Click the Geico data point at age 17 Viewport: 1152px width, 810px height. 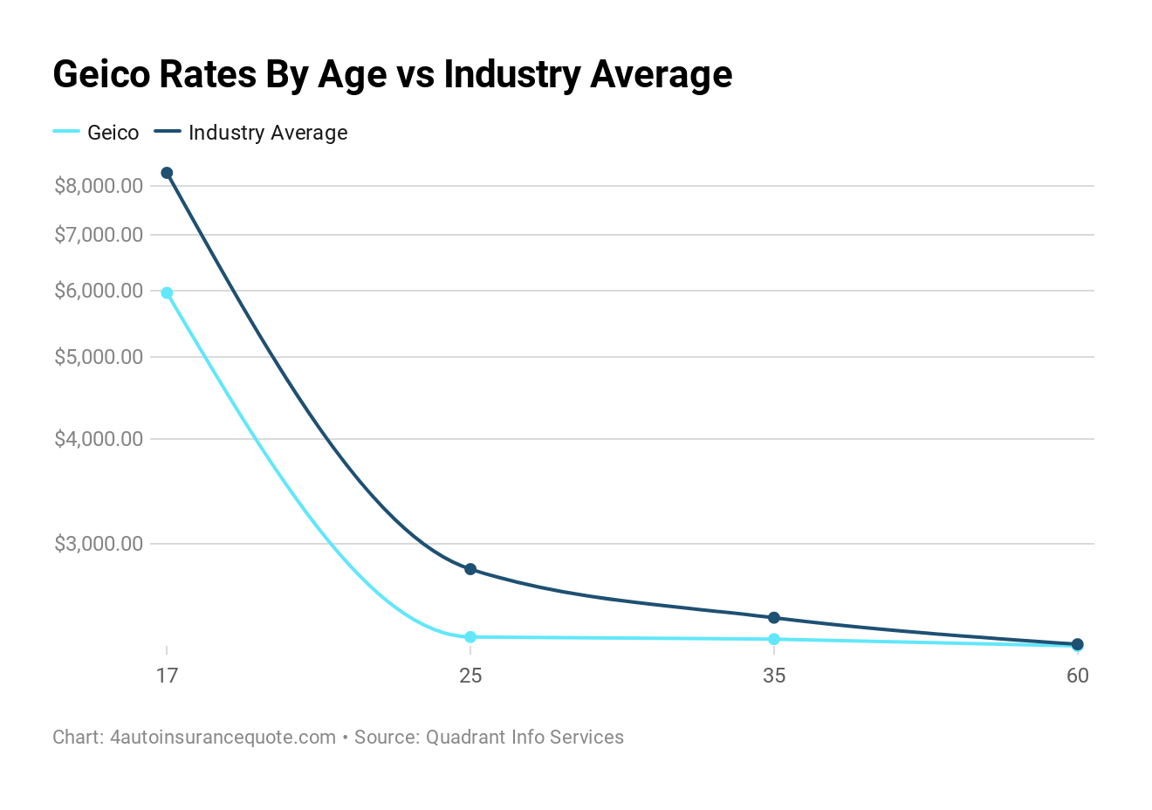(167, 293)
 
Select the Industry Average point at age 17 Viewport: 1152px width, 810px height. (167, 173)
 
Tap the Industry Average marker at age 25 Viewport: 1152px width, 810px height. (470, 569)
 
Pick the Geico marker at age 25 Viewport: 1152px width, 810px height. (470, 637)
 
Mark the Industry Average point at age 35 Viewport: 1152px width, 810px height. (774, 618)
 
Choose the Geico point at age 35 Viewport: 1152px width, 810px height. (774, 639)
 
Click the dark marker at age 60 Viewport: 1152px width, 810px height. (1077, 644)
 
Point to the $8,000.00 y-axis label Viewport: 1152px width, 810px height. (98, 186)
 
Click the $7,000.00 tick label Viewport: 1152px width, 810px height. (98, 235)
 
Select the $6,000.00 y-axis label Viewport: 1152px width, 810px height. (98, 291)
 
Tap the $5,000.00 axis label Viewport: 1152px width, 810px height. (98, 357)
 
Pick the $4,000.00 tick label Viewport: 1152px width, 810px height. (98, 439)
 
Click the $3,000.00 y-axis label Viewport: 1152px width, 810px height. (98, 544)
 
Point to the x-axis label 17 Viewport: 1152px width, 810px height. (167, 676)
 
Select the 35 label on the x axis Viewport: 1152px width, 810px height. (774, 676)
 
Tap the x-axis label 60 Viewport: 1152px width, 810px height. (1077, 676)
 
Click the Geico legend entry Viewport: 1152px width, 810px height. (113, 133)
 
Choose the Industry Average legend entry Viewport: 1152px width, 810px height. (267, 133)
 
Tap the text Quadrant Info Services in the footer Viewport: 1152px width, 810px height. (524, 737)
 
